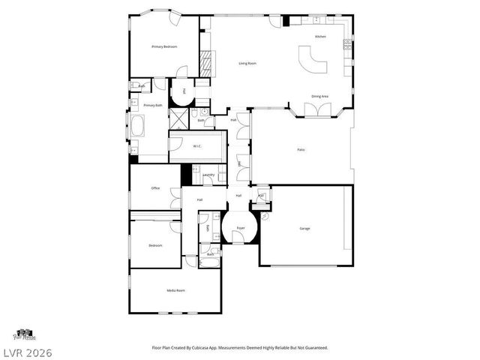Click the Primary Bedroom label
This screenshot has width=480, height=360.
coord(164,46)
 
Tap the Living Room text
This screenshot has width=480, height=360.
coord(247,63)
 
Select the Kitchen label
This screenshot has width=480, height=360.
coord(320,36)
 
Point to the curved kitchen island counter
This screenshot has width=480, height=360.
coord(312,60)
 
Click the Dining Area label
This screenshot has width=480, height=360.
coord(320,96)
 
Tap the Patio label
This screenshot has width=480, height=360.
coord(301,150)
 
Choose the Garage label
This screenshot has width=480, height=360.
coord(304,228)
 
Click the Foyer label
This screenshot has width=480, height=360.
coord(241,227)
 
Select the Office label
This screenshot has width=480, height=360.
coord(155,188)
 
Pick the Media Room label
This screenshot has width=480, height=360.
coord(175,290)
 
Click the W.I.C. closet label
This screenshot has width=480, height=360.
coord(196,146)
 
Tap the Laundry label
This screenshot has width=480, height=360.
coord(208,175)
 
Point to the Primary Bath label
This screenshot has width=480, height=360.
coord(153,106)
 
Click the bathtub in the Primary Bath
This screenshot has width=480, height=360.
coord(139,125)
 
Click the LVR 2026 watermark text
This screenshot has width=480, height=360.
coord(28,350)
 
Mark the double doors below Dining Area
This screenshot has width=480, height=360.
coord(320,110)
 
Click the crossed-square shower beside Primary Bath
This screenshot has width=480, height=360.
coord(178,118)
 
